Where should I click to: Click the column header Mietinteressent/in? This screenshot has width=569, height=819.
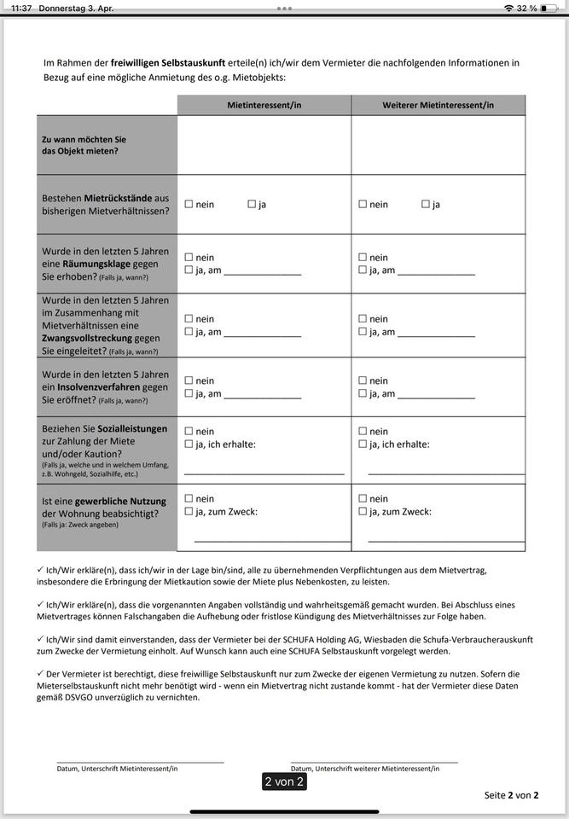[264, 105]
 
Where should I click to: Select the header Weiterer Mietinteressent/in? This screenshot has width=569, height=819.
[438, 105]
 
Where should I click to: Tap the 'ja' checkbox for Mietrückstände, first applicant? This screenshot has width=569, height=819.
[252, 204]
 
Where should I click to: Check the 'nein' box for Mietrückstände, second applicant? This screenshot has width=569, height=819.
[363, 204]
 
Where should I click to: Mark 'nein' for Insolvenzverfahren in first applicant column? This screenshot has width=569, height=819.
[189, 380]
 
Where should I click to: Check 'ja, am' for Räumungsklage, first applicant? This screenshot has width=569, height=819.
[189, 270]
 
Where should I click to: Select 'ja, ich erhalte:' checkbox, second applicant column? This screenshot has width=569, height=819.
[363, 444]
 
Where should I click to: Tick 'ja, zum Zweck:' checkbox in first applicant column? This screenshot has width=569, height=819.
[189, 511]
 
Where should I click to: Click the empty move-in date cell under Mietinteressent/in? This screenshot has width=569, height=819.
[264, 144]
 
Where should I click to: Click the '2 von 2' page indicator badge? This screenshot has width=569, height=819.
[284, 781]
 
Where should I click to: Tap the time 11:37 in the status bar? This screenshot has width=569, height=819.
[21, 8]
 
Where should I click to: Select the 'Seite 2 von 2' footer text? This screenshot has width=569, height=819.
[511, 795]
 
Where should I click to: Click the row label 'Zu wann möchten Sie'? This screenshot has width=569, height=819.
[84, 138]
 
